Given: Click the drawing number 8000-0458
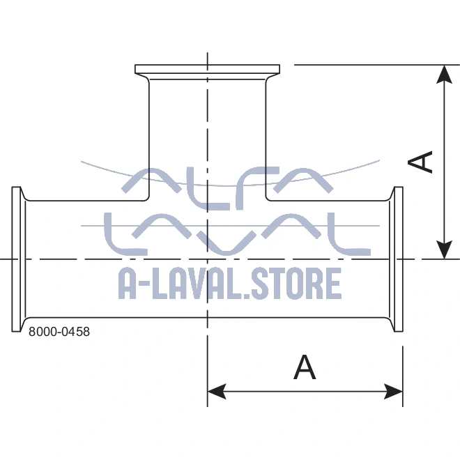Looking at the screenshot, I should pos(59,332).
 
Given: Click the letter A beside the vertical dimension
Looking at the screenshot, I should pos(422,162).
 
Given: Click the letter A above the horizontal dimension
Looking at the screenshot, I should pos(305,367).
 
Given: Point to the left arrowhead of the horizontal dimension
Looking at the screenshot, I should pos(217,391).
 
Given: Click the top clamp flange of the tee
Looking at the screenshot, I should pos(207,70).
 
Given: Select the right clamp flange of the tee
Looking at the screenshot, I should pos(398,259).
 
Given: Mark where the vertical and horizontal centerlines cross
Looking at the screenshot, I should pos(207,259).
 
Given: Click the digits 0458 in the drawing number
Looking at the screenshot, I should pos(76,332).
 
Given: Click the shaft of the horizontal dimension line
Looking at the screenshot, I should pos(307,391).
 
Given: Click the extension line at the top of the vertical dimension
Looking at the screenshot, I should pos(362,65).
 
